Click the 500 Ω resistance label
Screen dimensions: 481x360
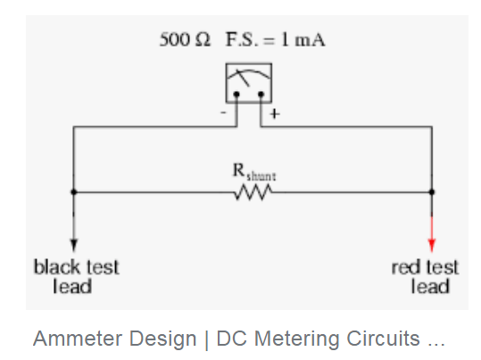point(185,39)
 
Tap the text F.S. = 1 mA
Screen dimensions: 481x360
point(275,39)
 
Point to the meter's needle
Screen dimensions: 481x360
point(242,79)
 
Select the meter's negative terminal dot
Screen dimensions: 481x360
point(236,95)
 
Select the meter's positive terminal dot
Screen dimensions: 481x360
point(261,95)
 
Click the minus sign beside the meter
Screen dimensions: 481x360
point(223,113)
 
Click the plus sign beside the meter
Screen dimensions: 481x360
point(275,114)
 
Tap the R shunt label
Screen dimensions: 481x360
point(254,172)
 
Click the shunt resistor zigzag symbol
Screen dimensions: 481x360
point(253,192)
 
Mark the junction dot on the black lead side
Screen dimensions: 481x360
point(73,192)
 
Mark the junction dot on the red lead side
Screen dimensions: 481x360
point(432,192)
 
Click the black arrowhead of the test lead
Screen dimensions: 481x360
point(73,245)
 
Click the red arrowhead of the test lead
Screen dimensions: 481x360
point(432,245)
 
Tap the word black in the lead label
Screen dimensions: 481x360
point(56,266)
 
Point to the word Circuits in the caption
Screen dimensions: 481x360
point(384,339)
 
